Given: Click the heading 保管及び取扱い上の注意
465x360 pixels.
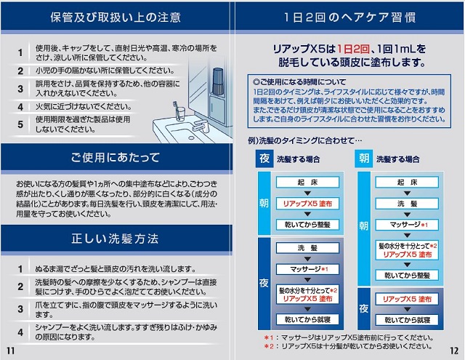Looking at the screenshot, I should click(116, 17).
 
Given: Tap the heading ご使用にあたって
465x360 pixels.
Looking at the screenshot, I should click(116, 156).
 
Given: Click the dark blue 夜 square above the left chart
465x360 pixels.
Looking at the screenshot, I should click(264, 159).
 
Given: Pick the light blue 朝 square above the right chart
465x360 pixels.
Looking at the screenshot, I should click(363, 159).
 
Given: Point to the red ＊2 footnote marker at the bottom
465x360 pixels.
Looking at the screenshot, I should click(268, 348).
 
